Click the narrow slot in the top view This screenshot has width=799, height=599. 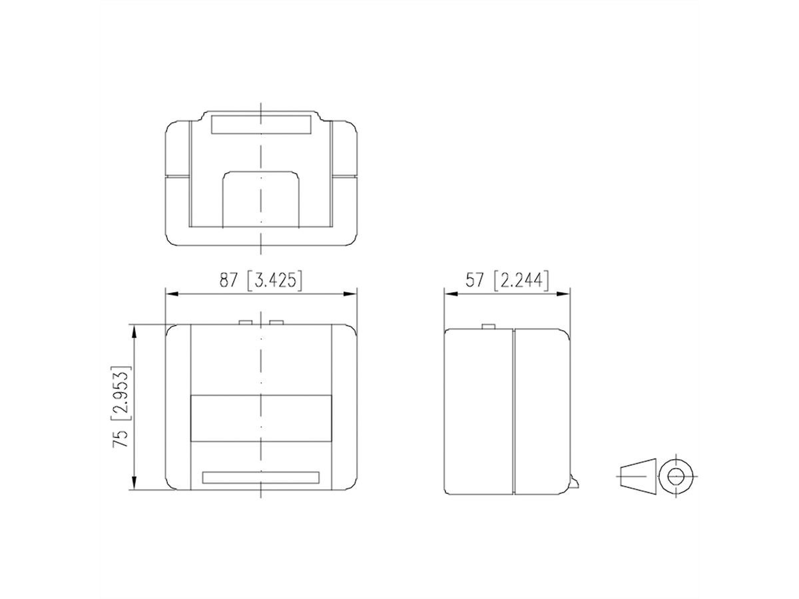coord(260,125)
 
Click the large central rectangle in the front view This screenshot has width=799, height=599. coord(260,419)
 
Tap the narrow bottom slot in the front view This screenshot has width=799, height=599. coord(260,477)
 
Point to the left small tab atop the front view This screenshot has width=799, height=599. coord(246,323)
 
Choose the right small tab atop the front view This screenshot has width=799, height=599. coord(276,323)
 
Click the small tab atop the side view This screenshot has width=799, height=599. coord(488,326)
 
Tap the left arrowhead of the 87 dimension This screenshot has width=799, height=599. coord(170,293)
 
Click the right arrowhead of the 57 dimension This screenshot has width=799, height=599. coord(565,293)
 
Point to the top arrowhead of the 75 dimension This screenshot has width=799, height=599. coord(134,329)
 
